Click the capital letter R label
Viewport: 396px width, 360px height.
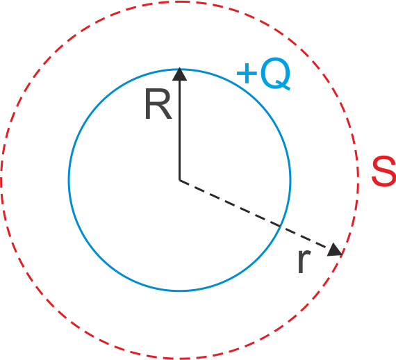pyautogui.click(x=158, y=104)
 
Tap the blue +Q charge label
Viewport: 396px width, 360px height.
pyautogui.click(x=263, y=74)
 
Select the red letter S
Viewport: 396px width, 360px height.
pyautogui.click(x=384, y=171)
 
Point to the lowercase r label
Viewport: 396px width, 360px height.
pyautogui.click(x=304, y=261)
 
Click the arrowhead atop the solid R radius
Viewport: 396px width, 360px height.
pyautogui.click(x=179, y=74)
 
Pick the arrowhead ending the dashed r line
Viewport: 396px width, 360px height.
pyautogui.click(x=336, y=250)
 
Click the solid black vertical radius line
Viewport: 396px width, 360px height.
pyautogui.click(x=179, y=124)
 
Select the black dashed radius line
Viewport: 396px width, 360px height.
pyautogui.click(x=261, y=218)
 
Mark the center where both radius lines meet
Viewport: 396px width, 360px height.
pyautogui.click(x=179, y=180)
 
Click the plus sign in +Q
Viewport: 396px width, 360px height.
pyautogui.click(x=247, y=73)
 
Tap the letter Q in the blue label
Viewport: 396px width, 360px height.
pyautogui.click(x=276, y=74)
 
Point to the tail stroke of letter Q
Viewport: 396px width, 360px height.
pyautogui.click(x=283, y=85)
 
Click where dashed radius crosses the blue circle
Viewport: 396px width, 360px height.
pyautogui.click(x=281, y=227)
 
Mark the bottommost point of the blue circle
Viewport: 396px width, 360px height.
pyautogui.click(x=179, y=291)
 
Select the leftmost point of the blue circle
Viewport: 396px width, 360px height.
pyautogui.click(x=69, y=180)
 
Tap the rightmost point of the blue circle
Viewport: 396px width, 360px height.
pyautogui.click(x=290, y=180)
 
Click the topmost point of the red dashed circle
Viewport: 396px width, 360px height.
pyautogui.click(x=179, y=2)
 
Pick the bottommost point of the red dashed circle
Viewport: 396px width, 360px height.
pyautogui.click(x=179, y=358)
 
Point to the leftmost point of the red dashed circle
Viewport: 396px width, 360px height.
pyautogui.click(x=1, y=180)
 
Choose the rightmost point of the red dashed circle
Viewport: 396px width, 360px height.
pyautogui.click(x=358, y=180)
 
